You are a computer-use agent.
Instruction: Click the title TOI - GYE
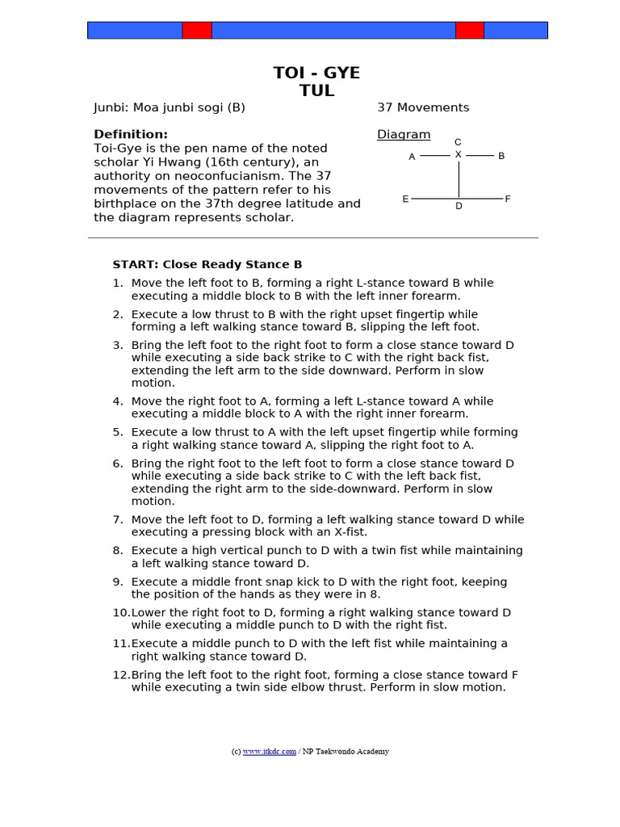316,73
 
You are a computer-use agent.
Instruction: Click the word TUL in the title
316,90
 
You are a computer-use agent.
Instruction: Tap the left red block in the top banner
196,31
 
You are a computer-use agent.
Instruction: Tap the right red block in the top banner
470,31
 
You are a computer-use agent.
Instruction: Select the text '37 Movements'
423,107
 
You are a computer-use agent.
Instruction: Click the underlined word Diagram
404,135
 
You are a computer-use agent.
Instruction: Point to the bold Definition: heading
131,134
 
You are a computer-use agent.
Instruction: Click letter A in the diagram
412,157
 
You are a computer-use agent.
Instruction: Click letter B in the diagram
501,156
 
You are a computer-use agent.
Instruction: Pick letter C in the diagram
458,142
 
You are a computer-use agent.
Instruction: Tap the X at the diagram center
458,154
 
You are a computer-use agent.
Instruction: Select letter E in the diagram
405,199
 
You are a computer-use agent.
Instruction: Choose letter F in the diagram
508,199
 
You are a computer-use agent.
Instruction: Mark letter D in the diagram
459,207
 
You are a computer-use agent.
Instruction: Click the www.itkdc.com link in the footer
269,751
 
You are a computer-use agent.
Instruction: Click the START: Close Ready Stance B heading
207,264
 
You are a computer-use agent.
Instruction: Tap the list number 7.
118,519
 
